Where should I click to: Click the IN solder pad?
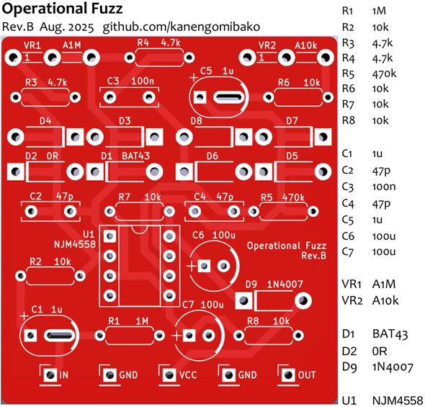point(50,375)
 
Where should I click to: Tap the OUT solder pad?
point(288,375)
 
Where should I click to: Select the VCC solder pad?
point(169,375)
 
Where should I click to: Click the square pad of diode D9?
point(243,300)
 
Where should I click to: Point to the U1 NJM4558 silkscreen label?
point(75,239)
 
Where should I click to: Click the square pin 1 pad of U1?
point(109,236)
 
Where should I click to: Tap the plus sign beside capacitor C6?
point(192,266)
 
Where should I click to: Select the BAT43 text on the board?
point(135,156)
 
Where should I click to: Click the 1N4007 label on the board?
point(285,285)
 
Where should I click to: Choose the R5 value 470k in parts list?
point(384,73)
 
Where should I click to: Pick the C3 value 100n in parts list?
point(384,187)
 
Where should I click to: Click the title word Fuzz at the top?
point(107,9)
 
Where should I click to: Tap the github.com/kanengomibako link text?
point(182,27)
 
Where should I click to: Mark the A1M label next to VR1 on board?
point(72,45)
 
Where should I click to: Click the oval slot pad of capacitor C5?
point(228,97)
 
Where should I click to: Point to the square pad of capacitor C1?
point(30,336)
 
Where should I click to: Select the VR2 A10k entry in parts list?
point(370,300)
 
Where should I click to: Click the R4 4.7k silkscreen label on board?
point(158,43)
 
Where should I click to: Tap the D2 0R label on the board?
point(42,156)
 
